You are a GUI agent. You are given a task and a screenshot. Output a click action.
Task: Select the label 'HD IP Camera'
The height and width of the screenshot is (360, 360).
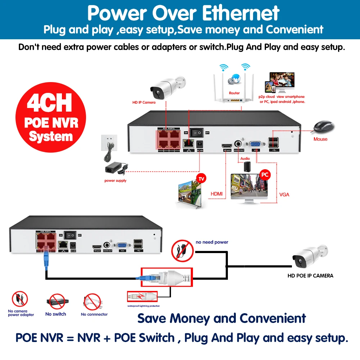[144, 103]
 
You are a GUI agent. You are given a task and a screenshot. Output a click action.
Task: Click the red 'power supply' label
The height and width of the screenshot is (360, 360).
[115, 181]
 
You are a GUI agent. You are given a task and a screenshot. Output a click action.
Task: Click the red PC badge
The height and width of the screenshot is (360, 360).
[265, 175]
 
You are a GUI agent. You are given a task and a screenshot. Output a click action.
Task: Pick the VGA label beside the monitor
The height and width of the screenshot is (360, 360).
[284, 195]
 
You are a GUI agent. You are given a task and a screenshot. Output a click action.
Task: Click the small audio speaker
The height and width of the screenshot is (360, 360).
[247, 167]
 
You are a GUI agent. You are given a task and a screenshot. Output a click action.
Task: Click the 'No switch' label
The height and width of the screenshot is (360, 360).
[56, 314]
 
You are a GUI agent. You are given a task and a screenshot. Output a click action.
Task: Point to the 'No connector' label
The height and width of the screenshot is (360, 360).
[94, 314]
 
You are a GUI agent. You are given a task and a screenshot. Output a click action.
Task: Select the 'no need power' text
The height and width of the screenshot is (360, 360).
[212, 242]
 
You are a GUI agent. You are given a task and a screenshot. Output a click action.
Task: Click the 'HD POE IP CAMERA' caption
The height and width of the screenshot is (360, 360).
[310, 276]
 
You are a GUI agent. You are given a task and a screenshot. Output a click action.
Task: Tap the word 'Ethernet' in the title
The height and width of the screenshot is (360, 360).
[240, 13]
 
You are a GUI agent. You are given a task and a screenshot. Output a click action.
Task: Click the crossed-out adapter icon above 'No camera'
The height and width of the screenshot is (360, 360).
[20, 299]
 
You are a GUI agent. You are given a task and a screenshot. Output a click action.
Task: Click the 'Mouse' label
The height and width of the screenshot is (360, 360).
[320, 139]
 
